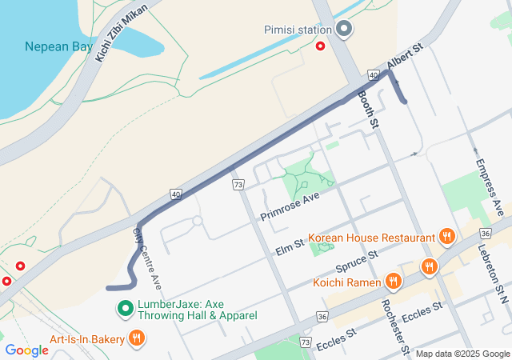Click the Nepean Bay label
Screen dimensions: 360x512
click(x=58, y=47)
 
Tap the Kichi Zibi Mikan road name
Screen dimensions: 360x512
click(x=114, y=37)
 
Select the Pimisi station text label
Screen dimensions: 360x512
click(x=298, y=30)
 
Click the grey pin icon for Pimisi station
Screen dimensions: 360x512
click(x=345, y=30)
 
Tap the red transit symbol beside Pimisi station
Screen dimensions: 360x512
click(x=321, y=46)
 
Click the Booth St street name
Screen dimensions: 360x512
click(x=368, y=110)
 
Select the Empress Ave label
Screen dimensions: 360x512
click(x=487, y=186)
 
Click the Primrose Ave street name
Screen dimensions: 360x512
click(x=290, y=206)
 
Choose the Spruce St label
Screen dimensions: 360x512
click(x=356, y=262)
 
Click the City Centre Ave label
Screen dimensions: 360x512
click(x=146, y=258)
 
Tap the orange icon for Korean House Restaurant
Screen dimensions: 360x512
click(x=447, y=237)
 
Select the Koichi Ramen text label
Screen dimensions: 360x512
click(x=346, y=282)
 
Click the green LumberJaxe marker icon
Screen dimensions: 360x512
click(x=125, y=307)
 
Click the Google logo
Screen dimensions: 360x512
click(x=26, y=350)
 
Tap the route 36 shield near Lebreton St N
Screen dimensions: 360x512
click(x=486, y=233)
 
